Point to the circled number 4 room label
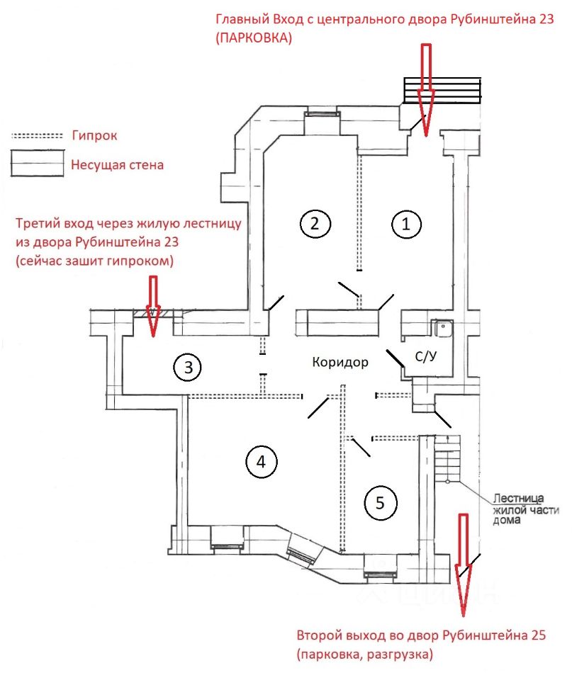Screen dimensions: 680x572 click(x=261, y=462)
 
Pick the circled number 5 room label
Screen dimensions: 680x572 click(x=380, y=503)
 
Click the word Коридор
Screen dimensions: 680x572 click(x=340, y=363)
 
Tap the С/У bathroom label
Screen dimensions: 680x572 click(x=425, y=358)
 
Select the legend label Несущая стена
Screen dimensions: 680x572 click(x=117, y=166)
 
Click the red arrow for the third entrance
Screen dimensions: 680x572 click(x=152, y=308)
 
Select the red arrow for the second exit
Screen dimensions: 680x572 click(x=464, y=563)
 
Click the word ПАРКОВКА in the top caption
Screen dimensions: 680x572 click(x=254, y=40)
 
